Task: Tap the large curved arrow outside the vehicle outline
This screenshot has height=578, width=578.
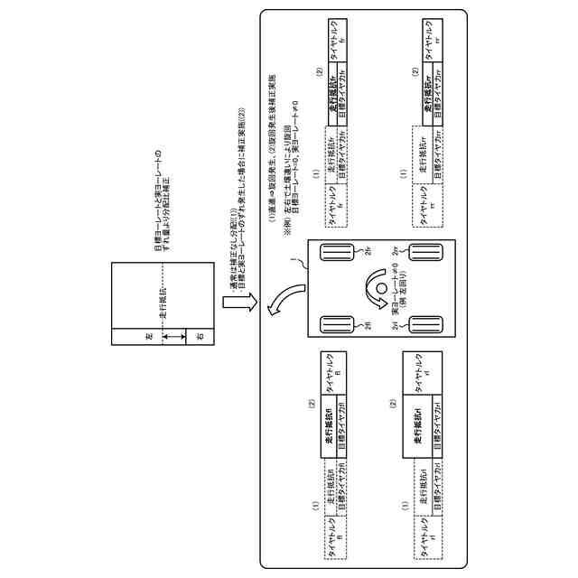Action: (291, 300)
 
